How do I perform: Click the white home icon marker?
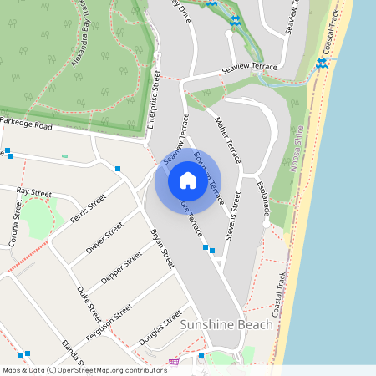click(x=188, y=180)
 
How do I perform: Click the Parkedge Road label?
click(x=27, y=124)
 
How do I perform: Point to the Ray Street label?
click(x=34, y=193)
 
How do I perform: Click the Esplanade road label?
click(x=264, y=199)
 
